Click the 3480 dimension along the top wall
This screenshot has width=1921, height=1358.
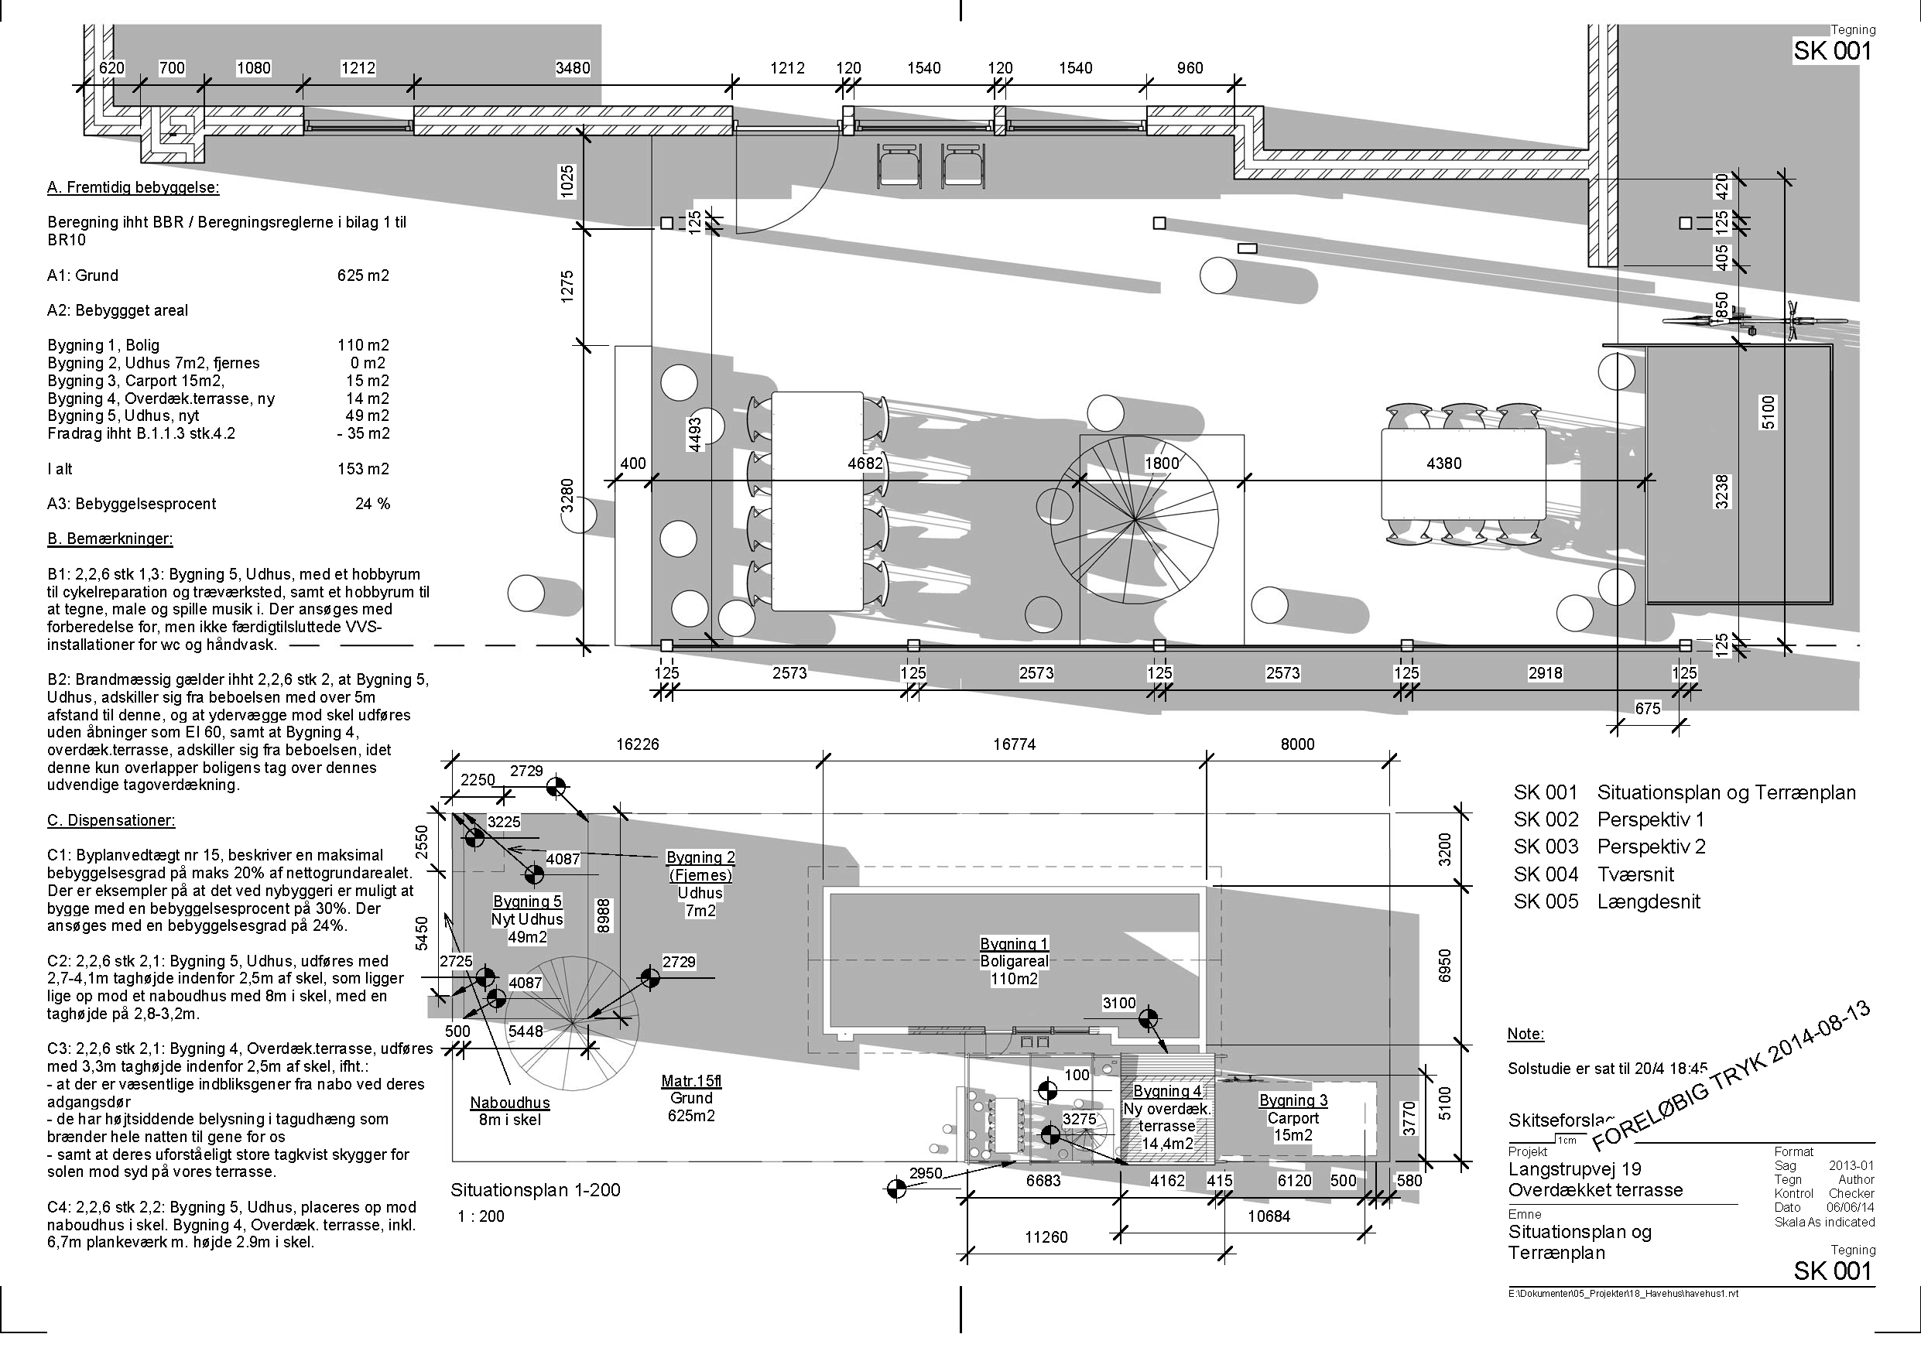[573, 69]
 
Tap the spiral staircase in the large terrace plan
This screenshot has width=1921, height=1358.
[1135, 522]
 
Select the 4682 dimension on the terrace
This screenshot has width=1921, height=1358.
[865, 463]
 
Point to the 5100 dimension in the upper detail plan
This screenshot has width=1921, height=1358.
[1768, 412]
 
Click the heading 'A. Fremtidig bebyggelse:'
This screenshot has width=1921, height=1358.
[133, 187]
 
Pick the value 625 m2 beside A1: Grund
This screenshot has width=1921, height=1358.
[363, 275]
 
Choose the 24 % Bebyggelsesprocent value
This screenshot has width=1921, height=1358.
[372, 504]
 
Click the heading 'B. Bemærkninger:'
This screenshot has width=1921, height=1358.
[110, 539]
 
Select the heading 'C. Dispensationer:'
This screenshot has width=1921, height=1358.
[111, 821]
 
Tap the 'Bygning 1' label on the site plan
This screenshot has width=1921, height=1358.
[1014, 944]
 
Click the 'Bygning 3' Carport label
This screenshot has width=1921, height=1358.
[1293, 1100]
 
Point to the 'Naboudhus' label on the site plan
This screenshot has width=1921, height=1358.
[509, 1103]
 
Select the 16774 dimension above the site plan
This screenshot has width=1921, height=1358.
[1014, 744]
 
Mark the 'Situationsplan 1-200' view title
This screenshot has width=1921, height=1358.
[536, 1190]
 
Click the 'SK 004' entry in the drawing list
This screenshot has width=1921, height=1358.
[1546, 874]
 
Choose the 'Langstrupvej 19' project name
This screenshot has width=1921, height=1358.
[1574, 1169]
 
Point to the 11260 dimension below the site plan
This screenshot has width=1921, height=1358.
[1046, 1237]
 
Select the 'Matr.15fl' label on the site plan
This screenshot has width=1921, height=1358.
[691, 1081]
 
